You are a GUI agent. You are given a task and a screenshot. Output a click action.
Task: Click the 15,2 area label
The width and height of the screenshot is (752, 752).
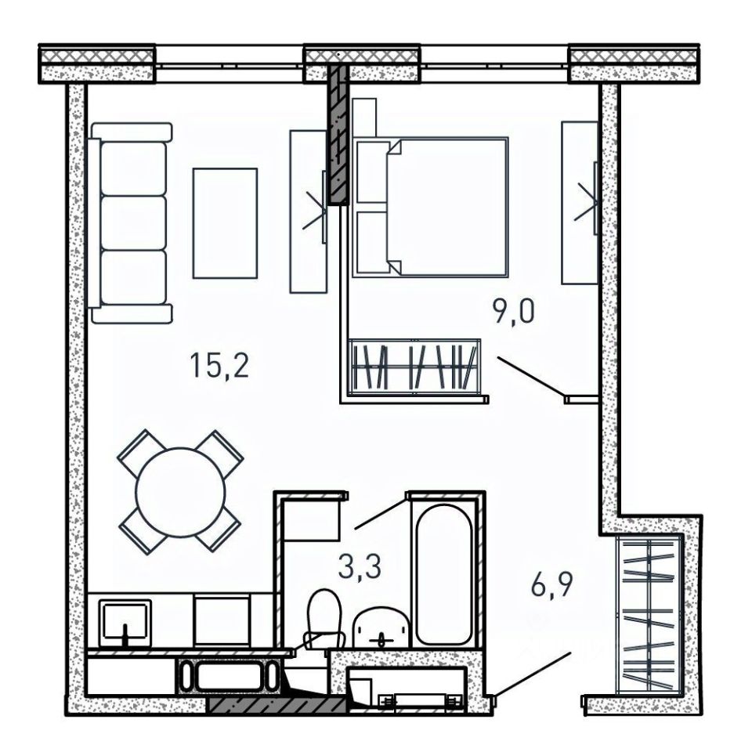219,366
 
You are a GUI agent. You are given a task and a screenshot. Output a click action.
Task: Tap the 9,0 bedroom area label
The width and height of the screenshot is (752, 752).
512,313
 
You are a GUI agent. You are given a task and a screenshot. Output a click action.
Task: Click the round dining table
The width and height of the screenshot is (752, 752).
180,492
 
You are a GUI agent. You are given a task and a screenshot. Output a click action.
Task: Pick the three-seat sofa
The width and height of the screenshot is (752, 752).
129,222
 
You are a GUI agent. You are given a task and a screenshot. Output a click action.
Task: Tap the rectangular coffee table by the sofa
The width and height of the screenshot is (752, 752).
225,223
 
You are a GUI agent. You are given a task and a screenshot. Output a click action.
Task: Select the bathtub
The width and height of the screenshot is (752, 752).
443,574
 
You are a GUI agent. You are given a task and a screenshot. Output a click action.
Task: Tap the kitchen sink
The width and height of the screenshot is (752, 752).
125,623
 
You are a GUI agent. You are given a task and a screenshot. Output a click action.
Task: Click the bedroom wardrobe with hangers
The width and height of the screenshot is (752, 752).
415,367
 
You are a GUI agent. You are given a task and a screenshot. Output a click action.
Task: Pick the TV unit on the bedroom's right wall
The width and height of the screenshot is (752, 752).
580,204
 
